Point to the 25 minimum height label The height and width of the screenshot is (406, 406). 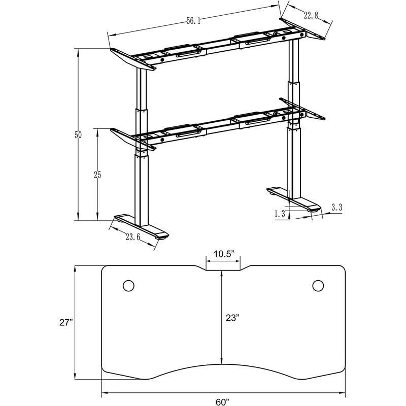click(x=97, y=175)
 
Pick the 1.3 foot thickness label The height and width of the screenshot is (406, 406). click(x=279, y=214)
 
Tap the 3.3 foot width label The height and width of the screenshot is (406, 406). click(x=336, y=207)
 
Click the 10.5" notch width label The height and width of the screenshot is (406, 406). click(x=223, y=254)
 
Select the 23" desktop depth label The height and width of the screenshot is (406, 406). click(x=232, y=318)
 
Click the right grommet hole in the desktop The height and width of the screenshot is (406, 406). click(x=318, y=286)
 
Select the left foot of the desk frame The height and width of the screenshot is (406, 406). click(x=142, y=227)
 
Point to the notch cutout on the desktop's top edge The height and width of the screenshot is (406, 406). click(x=223, y=268)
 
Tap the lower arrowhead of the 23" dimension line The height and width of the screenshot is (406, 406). click(x=221, y=362)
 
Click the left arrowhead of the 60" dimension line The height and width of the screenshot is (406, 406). click(x=104, y=393)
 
